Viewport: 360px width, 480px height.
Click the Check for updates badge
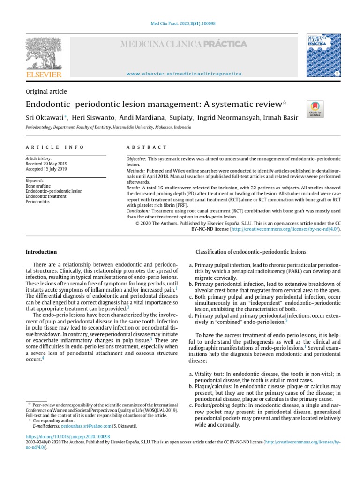coord(315,109)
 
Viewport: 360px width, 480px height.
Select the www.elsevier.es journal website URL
coord(184,74)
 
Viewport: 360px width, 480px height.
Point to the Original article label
coord(46,91)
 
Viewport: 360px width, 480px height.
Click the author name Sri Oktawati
coord(45,117)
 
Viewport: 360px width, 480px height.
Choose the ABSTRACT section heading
coord(147,147)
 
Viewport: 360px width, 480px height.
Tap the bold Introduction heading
coord(41,252)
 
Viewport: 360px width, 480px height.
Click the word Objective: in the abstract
coord(136,159)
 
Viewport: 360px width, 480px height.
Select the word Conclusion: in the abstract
coord(138,211)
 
